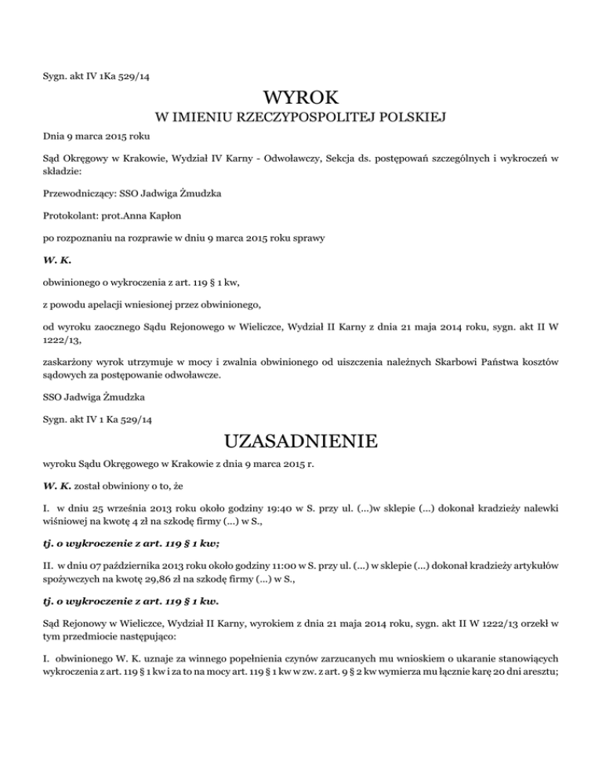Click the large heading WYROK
pyautogui.click(x=301, y=99)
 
